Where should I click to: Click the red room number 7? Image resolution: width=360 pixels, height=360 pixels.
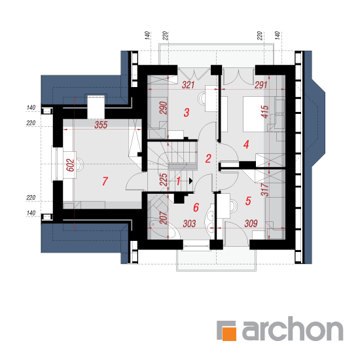pyautogui.click(x=105, y=181)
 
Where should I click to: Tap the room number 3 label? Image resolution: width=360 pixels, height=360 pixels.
pyautogui.click(x=187, y=113)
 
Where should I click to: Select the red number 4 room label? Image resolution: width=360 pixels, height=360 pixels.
pyautogui.click(x=246, y=145)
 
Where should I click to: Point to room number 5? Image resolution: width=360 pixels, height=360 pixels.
pyautogui.click(x=248, y=201)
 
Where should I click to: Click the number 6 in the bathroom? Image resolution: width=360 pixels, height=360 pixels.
pyautogui.click(x=196, y=207)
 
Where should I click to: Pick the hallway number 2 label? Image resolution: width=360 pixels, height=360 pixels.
pyautogui.click(x=208, y=158)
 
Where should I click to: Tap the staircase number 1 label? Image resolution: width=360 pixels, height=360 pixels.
pyautogui.click(x=178, y=181)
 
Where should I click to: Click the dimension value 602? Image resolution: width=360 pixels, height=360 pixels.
pyautogui.click(x=70, y=165)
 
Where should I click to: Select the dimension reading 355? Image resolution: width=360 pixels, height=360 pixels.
pyautogui.click(x=101, y=125)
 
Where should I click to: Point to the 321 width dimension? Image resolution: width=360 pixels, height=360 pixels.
pyautogui.click(x=189, y=85)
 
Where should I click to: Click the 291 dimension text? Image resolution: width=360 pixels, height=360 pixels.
pyautogui.click(x=261, y=85)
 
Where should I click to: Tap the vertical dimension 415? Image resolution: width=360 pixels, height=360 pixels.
pyautogui.click(x=264, y=112)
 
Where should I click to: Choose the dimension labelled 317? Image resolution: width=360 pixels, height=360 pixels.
pyautogui.click(x=264, y=189)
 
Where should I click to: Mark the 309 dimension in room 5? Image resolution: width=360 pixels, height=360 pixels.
pyautogui.click(x=251, y=223)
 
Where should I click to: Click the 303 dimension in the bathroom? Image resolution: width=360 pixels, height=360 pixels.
pyautogui.click(x=189, y=223)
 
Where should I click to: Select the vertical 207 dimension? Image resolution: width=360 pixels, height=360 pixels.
pyautogui.click(x=163, y=217)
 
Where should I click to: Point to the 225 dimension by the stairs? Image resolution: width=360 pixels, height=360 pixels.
pyautogui.click(x=163, y=179)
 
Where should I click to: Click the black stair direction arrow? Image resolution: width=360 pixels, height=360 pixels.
pyautogui.click(x=190, y=181)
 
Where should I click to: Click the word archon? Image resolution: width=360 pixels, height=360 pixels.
pyautogui.click(x=293, y=329)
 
